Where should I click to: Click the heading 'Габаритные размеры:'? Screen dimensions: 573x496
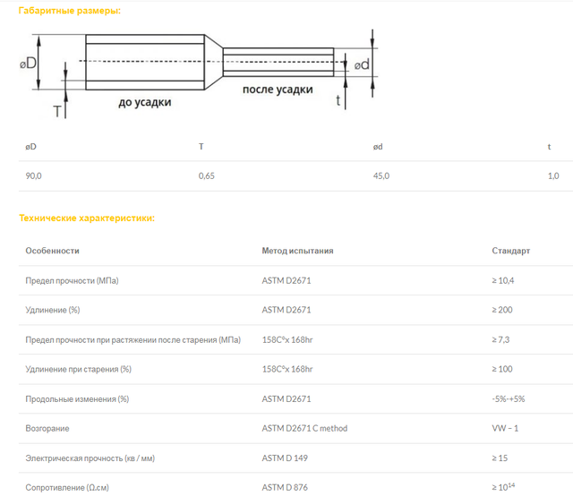coord(70,11)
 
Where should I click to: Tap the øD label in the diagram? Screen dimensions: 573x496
coord(28,64)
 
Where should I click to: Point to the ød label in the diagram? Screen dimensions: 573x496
coord(362,64)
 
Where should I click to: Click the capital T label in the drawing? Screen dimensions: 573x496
coord(57,112)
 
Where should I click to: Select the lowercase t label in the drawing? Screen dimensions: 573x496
coord(338,99)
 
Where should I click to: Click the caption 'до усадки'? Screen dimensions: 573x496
coord(145,102)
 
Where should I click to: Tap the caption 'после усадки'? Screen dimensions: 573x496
coord(278,90)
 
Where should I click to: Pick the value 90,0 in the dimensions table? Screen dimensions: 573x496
coord(33,175)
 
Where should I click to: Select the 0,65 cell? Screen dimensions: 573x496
coord(207,175)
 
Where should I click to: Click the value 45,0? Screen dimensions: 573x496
coord(381,175)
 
